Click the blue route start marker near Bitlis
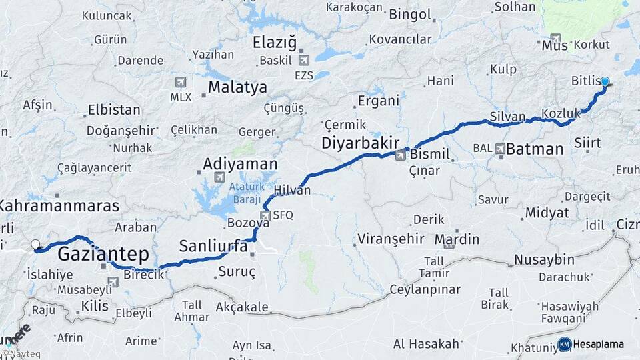605,82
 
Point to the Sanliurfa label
213,247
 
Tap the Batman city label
535,149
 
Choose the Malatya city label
237,87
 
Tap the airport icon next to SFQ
265,215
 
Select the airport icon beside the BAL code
499,148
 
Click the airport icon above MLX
180,82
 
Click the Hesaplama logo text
598,344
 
